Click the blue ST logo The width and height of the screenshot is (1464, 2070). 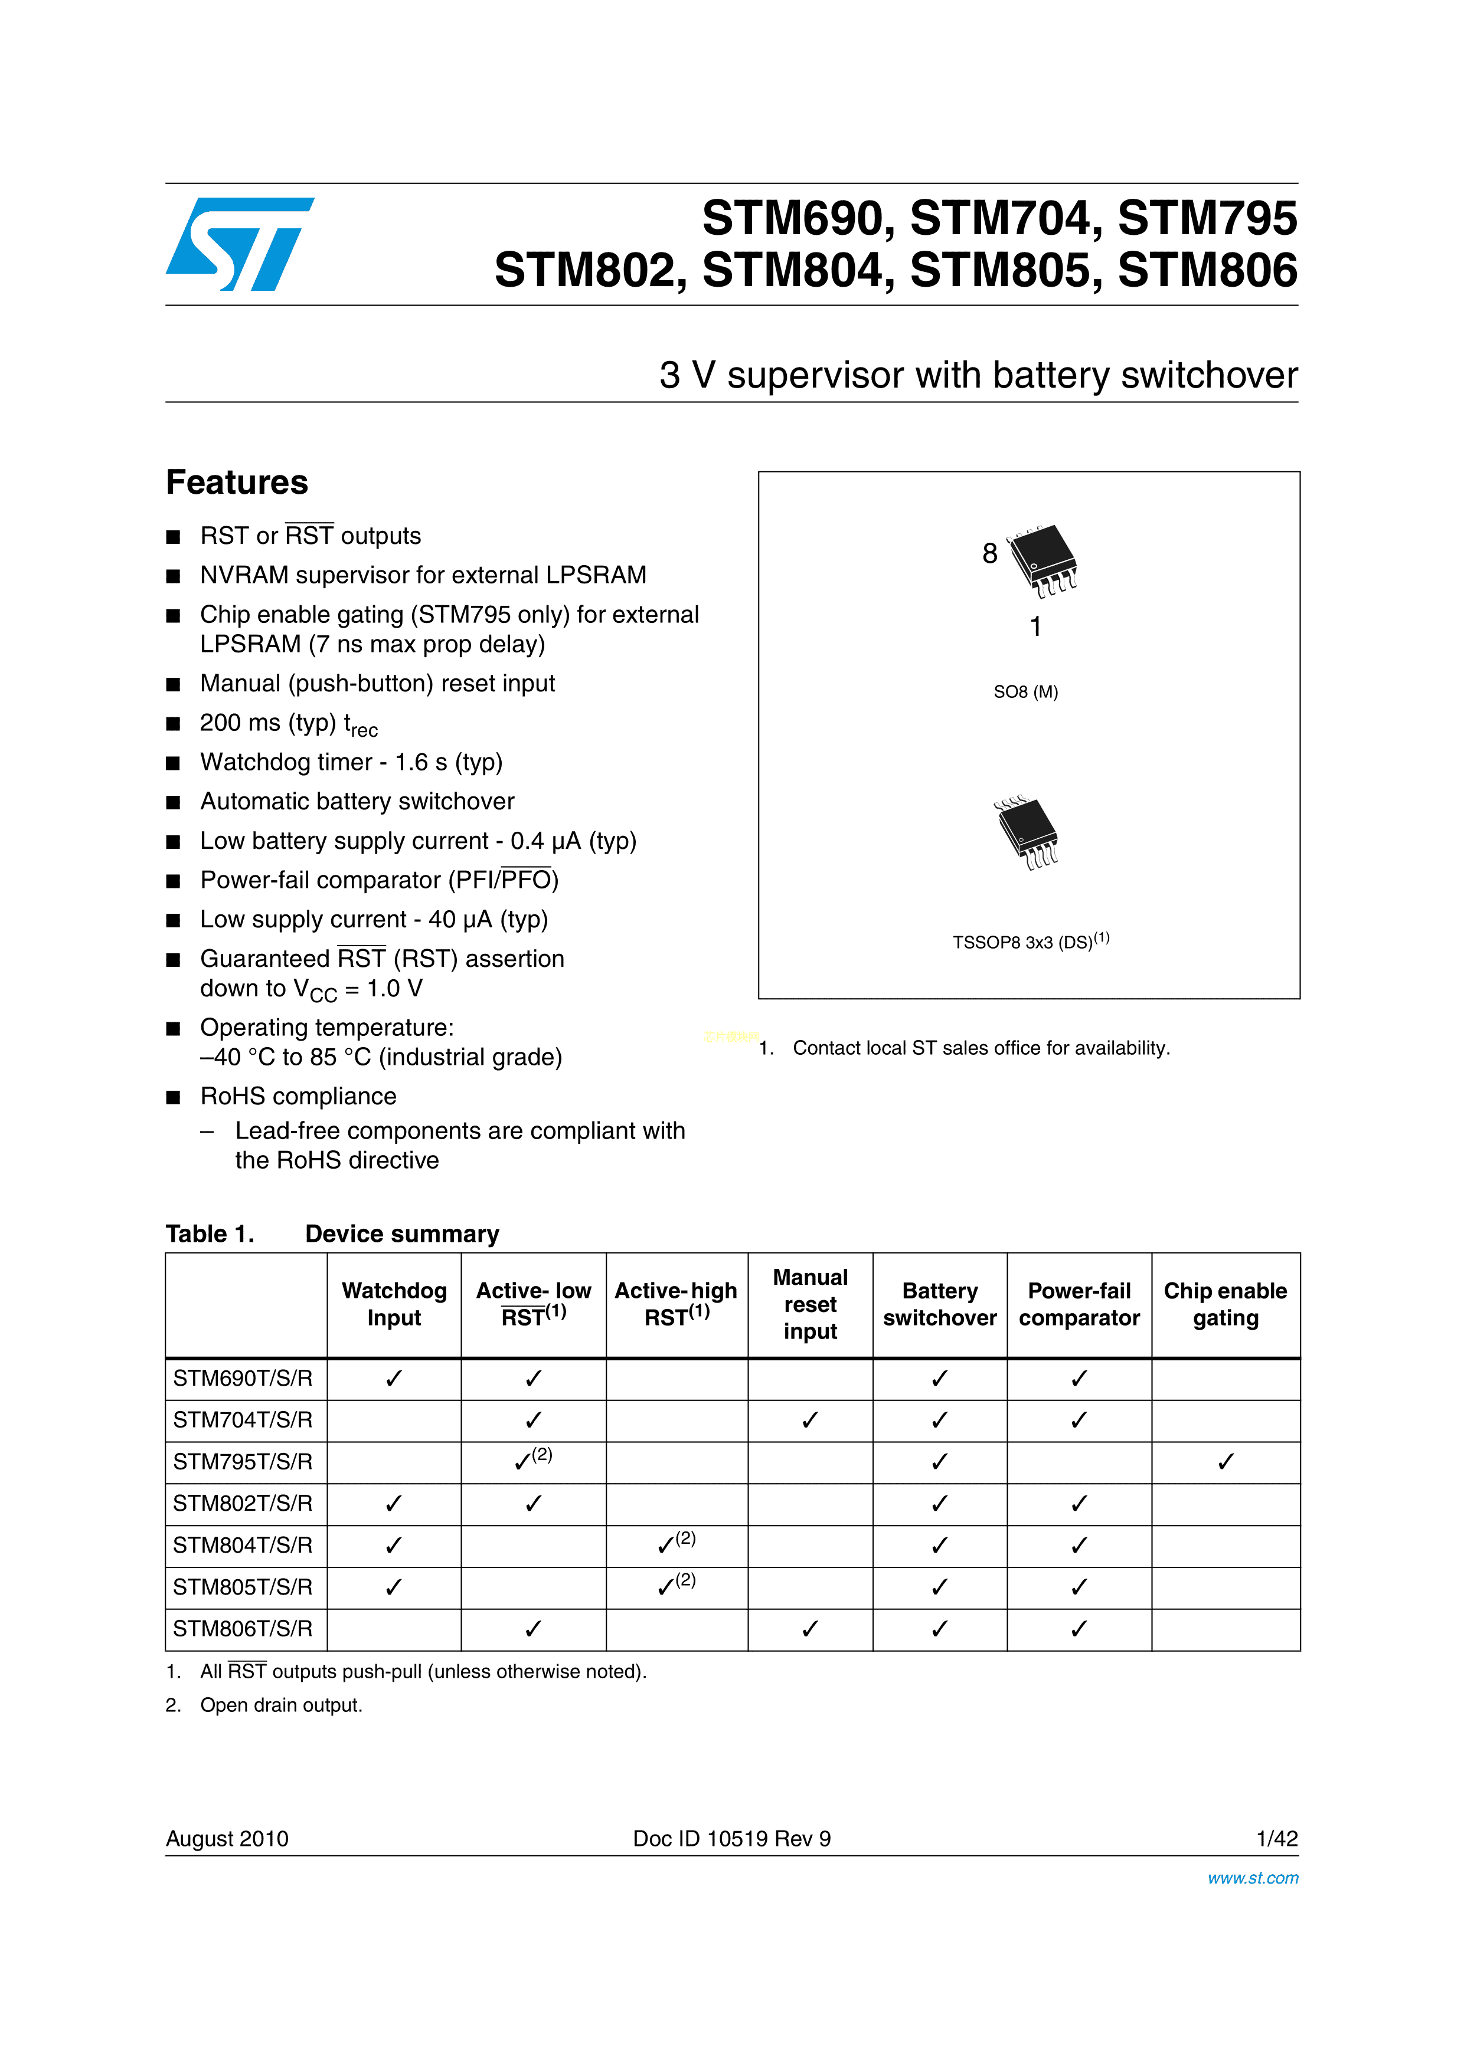[x=239, y=244]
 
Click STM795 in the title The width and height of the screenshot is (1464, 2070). [x=1207, y=218]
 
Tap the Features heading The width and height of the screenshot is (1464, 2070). [x=237, y=483]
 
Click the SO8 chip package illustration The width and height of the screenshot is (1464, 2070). [x=1042, y=559]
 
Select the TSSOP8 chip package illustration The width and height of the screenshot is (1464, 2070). [x=1027, y=831]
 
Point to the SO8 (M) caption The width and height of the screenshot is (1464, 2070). [x=1025, y=691]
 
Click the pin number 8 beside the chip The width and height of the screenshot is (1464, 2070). [x=989, y=553]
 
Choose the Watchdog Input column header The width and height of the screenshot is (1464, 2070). [x=394, y=1304]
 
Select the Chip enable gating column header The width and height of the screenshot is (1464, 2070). [x=1225, y=1304]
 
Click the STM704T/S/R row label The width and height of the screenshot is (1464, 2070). [x=243, y=1420]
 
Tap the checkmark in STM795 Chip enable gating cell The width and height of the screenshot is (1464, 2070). [x=1225, y=1461]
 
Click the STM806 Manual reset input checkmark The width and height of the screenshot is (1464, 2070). [x=810, y=1628]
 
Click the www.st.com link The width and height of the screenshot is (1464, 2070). [x=1252, y=1878]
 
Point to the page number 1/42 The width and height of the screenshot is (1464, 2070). [x=1276, y=1838]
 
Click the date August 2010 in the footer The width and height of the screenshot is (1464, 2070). [x=227, y=1838]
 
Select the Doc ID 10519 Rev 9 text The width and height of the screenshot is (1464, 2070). [x=731, y=1838]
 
